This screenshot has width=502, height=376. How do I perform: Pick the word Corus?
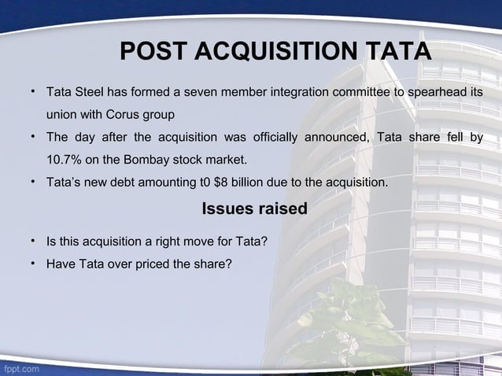tap(124, 115)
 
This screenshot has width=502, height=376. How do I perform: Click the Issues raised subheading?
tap(254, 209)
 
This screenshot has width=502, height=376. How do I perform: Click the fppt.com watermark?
tap(21, 368)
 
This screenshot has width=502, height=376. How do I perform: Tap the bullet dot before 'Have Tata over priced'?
tap(35, 262)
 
